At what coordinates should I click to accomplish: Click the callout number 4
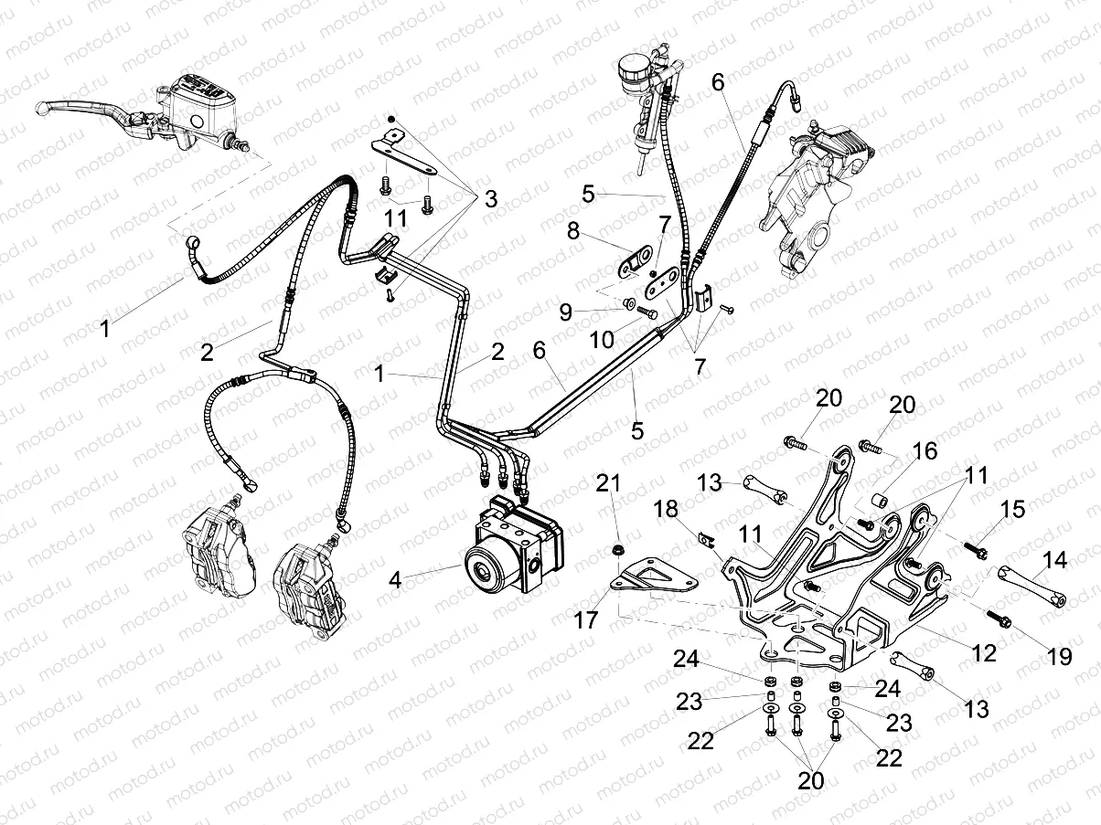coord(395,579)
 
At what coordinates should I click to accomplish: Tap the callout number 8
coord(574,231)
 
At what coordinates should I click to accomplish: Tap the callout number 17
coord(585,620)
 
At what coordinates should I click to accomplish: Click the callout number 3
coord(491,198)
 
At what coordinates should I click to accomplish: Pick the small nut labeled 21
coord(617,549)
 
